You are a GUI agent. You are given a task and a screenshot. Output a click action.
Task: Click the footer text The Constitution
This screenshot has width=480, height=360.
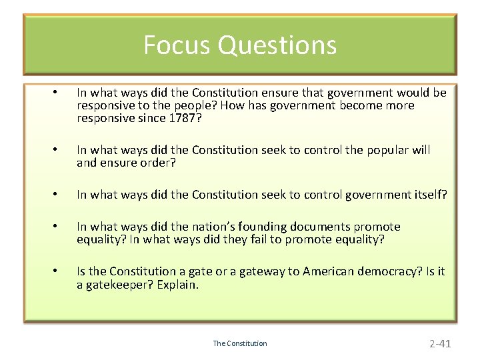(240, 343)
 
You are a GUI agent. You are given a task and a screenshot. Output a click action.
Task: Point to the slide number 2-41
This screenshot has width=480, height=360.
(440, 343)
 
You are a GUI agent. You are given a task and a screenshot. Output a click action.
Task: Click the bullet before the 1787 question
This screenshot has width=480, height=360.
(58, 93)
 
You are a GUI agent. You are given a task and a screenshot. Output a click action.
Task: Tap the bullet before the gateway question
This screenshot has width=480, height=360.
(58, 271)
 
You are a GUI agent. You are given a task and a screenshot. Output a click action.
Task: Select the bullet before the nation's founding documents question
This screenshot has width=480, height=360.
(58, 227)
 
